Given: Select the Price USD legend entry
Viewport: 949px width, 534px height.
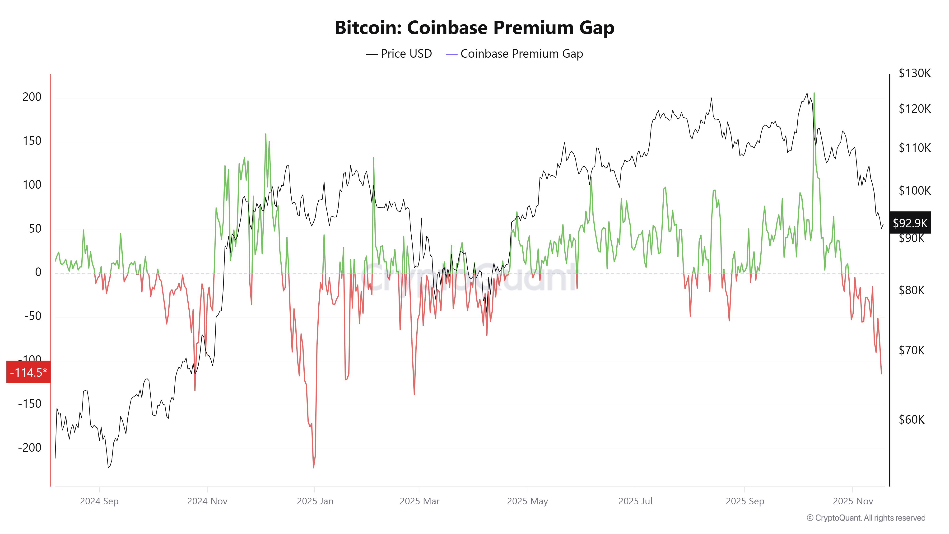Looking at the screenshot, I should (399, 54).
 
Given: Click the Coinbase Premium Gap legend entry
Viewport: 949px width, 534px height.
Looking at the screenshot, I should (514, 54).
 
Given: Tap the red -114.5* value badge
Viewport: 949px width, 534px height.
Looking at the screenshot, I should (28, 372).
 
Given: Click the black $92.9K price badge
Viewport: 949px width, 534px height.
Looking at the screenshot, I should (910, 223).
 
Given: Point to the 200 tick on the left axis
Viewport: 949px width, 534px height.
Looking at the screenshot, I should (32, 97).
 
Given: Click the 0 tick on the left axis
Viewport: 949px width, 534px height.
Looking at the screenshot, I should (38, 272).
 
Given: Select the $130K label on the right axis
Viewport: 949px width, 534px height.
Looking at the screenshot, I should (914, 73).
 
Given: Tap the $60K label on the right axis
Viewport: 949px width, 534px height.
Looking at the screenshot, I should (912, 419).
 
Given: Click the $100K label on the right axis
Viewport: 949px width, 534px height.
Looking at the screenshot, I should (914, 191).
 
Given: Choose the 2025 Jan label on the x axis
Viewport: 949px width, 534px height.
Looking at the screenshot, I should (315, 501).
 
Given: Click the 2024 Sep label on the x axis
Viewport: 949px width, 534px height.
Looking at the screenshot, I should (99, 501).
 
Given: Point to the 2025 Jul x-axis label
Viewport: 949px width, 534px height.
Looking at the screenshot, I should (635, 501).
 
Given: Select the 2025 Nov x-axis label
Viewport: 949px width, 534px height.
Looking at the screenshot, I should (853, 501).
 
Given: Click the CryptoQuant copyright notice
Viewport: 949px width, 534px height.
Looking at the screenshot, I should (866, 518).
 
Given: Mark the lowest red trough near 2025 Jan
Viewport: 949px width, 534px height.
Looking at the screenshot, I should (313, 467).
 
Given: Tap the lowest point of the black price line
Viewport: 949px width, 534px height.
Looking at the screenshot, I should (108, 468).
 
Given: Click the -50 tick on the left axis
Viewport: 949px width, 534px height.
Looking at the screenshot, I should (33, 316).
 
